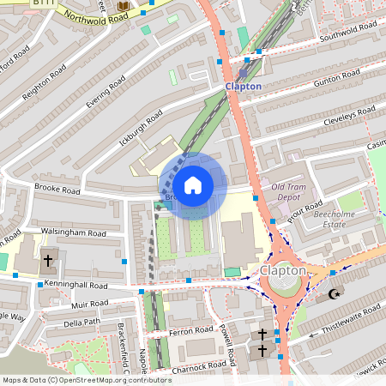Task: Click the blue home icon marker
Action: [193, 185]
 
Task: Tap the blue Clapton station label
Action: [243, 87]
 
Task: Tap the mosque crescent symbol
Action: [334, 294]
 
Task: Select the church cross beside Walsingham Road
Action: [48, 259]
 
